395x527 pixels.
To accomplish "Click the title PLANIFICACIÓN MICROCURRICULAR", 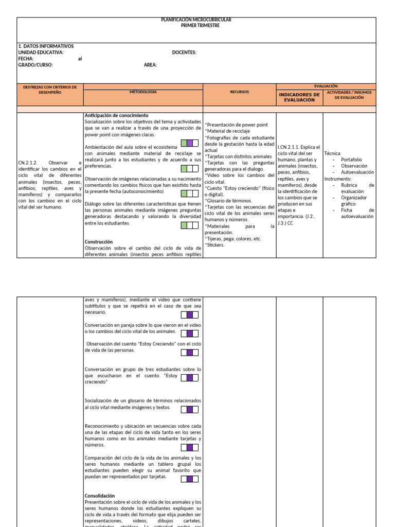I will pos(196,20).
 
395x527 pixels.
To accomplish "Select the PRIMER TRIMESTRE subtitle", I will pos(196,25).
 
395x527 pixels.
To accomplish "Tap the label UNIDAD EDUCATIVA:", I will pos(41,52).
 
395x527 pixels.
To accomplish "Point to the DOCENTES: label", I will pos(184,52).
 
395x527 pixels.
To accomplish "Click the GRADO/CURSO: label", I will pos(35,65).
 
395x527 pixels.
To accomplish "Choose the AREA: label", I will pos(151,65).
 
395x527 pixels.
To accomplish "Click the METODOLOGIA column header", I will pos(143,92).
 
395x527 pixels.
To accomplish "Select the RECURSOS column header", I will pos(240,92).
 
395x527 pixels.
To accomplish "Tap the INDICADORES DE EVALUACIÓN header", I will pos(299,97).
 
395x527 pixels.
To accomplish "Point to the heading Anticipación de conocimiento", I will pos(116,115).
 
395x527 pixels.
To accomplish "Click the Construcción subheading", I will pos(99,241).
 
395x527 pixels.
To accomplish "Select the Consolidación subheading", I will pos(100,496).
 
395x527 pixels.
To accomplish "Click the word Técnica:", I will pos(333,153).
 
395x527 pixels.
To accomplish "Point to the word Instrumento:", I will pos(338,179).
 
